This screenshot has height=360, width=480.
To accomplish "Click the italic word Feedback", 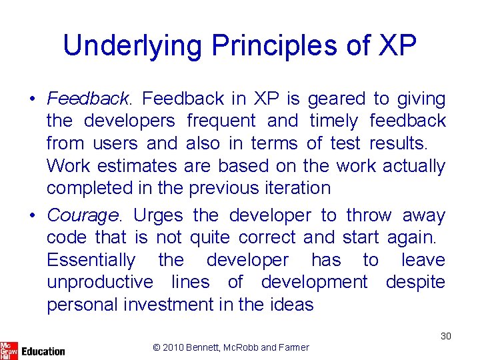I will (88, 99).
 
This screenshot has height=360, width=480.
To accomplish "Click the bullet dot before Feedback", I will (33, 100).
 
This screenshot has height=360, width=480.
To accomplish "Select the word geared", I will (336, 99).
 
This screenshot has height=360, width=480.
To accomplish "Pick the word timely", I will (335, 121).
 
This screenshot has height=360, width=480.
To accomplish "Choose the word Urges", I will (159, 216).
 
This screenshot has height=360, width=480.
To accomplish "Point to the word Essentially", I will (91, 260).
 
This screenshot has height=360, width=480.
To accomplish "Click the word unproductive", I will (100, 282).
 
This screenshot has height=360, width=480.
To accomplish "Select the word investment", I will (170, 305).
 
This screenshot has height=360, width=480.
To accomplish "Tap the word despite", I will (415, 282).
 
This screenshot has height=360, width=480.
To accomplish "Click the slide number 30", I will (445, 336).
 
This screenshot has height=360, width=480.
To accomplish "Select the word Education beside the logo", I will (43, 351).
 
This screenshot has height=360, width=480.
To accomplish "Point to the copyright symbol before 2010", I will (157, 347).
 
